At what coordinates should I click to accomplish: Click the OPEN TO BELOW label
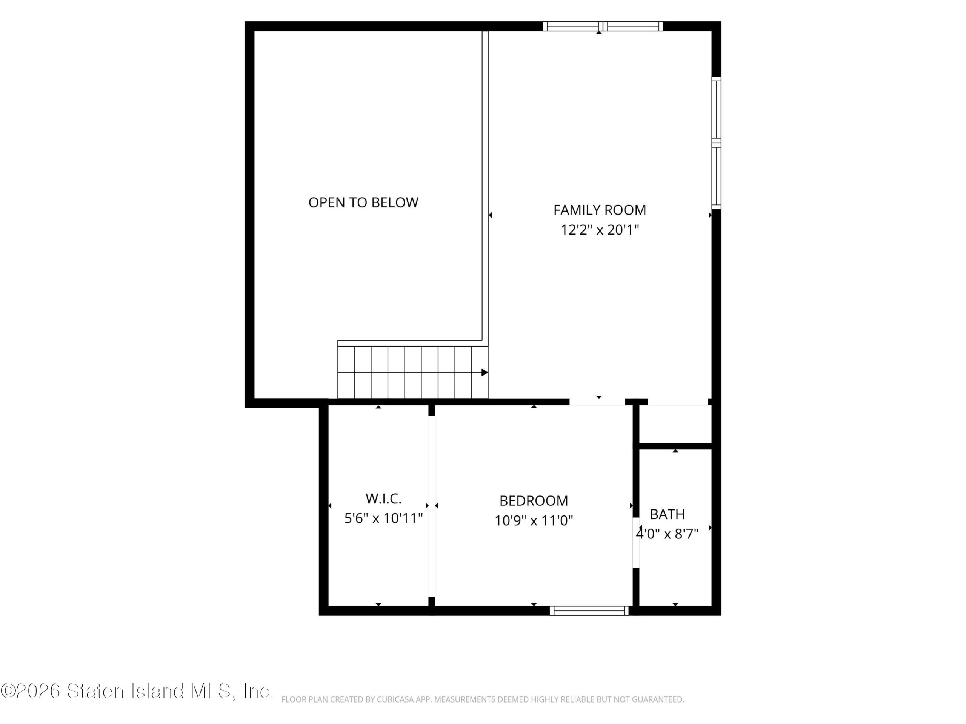(363, 202)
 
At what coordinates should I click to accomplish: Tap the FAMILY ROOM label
(600, 210)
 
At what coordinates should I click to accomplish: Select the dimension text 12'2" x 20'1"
(600, 230)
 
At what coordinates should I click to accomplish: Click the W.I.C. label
(383, 499)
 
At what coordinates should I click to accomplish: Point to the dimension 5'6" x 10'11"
(383, 518)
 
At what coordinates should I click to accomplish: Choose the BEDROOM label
(534, 500)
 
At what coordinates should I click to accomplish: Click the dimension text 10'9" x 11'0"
(534, 521)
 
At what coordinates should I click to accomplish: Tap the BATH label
(667, 514)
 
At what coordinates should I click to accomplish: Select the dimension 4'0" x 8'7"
(667, 534)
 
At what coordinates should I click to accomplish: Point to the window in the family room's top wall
(603, 26)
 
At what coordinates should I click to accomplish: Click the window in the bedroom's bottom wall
(589, 611)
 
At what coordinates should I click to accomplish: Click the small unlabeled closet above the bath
(675, 424)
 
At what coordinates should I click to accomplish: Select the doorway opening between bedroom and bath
(636, 543)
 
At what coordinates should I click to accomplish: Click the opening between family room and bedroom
(597, 402)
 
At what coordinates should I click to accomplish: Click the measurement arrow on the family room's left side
(490, 215)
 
